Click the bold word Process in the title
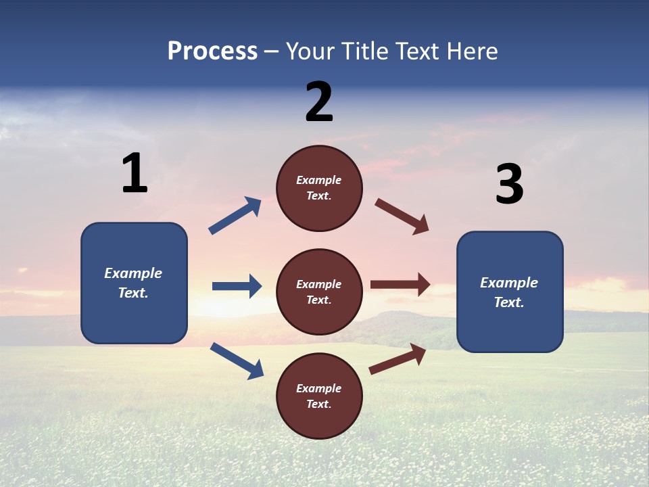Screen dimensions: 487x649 tap(212, 51)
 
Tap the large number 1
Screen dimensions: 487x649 tap(135, 173)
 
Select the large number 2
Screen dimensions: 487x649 tap(319, 102)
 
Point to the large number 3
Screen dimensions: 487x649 tap(509, 185)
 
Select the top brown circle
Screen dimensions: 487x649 tap(319, 187)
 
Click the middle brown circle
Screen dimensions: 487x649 tap(319, 292)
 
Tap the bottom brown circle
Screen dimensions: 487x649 tap(319, 396)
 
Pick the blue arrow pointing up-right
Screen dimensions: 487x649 tap(235, 216)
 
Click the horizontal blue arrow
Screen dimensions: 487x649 tap(237, 286)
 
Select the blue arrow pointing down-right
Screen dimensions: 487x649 tap(237, 361)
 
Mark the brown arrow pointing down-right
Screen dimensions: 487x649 tap(402, 216)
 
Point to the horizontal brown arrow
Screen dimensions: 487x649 tap(400, 285)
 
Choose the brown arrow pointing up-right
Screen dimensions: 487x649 tap(398, 358)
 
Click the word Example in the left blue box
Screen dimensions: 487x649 tap(133, 273)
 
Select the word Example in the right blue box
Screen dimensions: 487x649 tap(509, 283)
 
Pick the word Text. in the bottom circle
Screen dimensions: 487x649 tap(318, 404)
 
